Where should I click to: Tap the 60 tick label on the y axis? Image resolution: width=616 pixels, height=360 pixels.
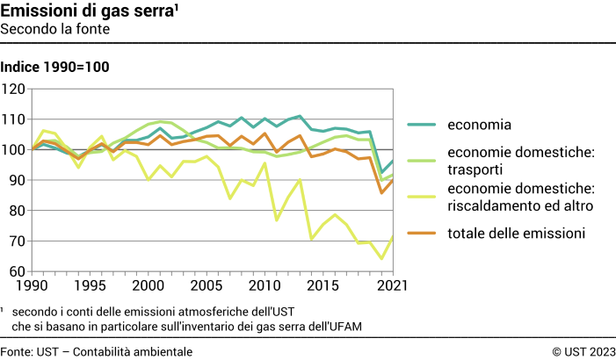pos(17,271)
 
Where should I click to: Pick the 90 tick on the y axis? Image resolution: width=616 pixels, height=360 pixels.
pos(17,180)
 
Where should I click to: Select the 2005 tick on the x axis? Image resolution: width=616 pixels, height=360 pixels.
pos(206,286)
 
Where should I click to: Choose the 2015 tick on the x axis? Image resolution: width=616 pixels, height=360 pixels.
pos(321,286)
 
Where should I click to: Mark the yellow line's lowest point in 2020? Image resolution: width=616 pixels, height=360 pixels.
pos(380,258)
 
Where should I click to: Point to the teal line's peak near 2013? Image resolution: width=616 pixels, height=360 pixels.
pos(300,116)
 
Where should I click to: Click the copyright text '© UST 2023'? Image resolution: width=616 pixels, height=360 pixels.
pos(583,351)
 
